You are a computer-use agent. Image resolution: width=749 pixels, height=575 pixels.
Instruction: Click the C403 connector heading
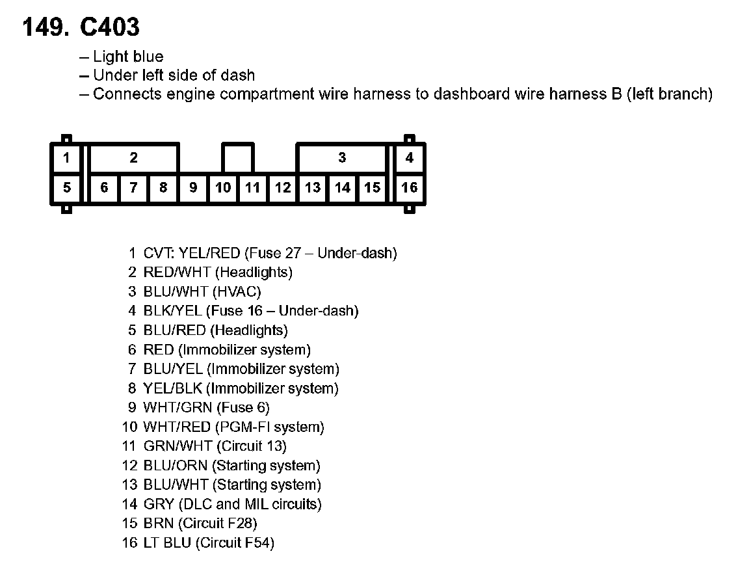pos(81,27)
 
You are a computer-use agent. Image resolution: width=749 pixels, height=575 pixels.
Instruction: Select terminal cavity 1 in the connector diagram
pos(67,158)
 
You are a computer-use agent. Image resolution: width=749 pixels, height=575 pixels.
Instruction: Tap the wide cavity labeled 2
pos(134,158)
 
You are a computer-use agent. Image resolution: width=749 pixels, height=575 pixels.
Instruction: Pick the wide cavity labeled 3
pos(342,158)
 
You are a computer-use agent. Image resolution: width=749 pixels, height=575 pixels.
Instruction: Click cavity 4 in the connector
pos(410,158)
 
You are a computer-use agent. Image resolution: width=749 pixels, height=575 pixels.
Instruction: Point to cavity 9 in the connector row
pos(193,188)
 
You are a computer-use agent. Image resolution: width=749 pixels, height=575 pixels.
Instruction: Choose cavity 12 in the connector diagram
pos(283,188)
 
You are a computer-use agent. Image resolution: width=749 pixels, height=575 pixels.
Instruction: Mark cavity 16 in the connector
pos(410,188)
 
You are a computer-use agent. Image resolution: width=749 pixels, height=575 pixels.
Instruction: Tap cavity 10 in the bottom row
pos(223,188)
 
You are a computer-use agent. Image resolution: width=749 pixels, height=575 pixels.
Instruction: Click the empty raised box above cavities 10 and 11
pos(238,158)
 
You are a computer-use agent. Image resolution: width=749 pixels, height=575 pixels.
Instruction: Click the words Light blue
pos(128,57)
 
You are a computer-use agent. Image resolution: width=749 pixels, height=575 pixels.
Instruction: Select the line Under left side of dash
pos(174,75)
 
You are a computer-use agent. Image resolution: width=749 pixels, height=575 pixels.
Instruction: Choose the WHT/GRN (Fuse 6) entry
pos(206,408)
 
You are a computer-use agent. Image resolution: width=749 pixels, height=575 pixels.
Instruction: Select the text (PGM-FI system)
pos(269,427)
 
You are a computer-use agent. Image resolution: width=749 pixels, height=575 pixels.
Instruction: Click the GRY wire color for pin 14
pos(159,504)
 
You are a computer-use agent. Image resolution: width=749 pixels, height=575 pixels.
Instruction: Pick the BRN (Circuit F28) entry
pos(200,524)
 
